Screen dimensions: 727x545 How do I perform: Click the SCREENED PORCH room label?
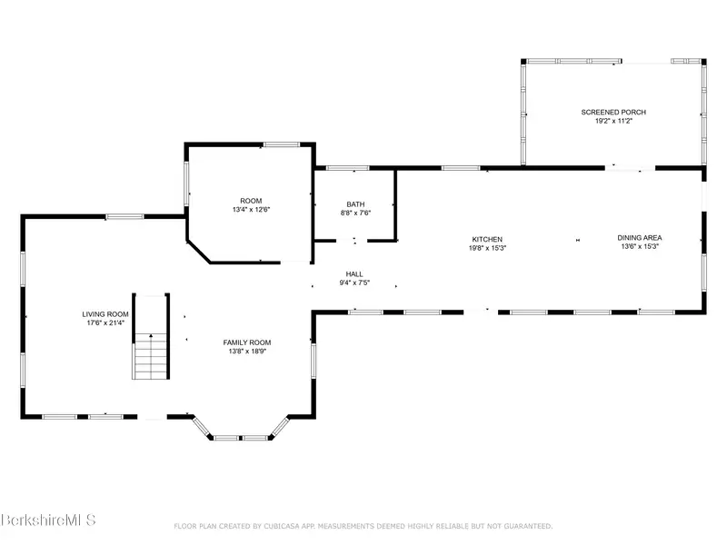(x=613, y=112)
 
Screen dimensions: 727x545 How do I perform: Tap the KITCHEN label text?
(x=487, y=239)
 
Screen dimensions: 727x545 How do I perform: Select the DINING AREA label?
(x=640, y=238)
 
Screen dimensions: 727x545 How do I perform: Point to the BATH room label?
(x=355, y=204)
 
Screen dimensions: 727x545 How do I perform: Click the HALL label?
(x=354, y=274)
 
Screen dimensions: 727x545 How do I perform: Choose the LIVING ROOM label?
(x=105, y=314)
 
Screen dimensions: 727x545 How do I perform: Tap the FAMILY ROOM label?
(x=247, y=342)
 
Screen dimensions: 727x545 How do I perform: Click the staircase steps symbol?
(x=150, y=356)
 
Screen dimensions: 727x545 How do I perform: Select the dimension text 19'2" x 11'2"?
(x=614, y=121)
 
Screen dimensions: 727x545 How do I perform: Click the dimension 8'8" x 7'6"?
(x=355, y=213)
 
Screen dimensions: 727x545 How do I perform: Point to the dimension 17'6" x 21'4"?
(x=105, y=323)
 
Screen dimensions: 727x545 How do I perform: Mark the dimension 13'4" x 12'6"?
(x=251, y=210)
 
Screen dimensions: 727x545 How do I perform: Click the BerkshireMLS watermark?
(x=48, y=520)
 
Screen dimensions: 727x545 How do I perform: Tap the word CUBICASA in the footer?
(x=282, y=526)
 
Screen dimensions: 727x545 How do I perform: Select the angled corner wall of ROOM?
(x=198, y=253)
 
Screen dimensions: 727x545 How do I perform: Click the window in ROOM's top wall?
(x=282, y=144)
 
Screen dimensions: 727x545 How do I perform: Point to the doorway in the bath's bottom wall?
(x=352, y=241)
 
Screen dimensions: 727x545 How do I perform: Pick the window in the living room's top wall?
(x=124, y=216)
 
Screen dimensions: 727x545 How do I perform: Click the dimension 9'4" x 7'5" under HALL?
(x=354, y=282)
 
